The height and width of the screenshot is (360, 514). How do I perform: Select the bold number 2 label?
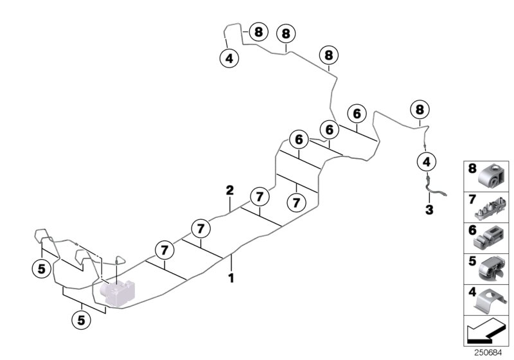[x=229, y=190]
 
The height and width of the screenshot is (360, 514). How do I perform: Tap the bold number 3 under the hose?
[x=429, y=210]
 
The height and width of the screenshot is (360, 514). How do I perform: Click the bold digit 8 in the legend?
[x=472, y=169]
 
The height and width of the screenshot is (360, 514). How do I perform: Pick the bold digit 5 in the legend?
[x=472, y=262]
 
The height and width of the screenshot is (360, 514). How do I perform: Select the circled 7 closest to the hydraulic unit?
[x=164, y=249]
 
